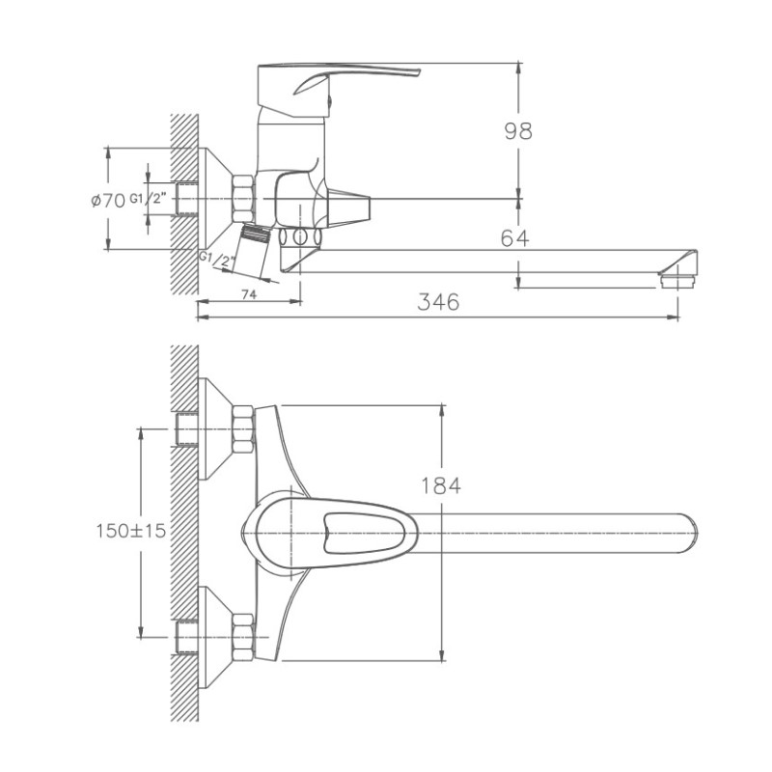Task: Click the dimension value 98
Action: [517, 131]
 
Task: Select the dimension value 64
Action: [514, 238]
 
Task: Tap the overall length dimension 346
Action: [438, 301]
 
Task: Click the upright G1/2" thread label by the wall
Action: [154, 200]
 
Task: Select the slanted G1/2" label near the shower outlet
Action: [215, 260]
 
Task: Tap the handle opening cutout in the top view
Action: [339, 530]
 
